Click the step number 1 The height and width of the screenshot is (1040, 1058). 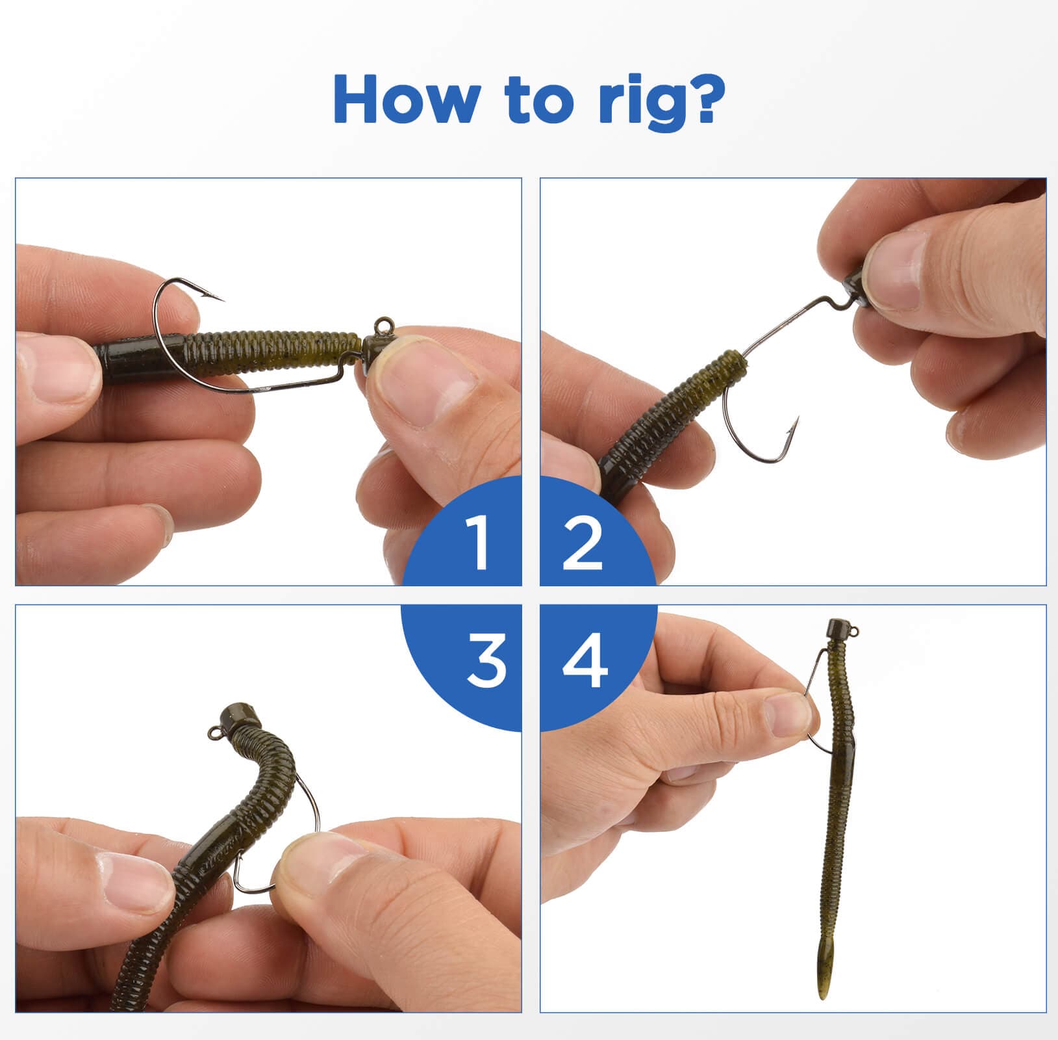[479, 542]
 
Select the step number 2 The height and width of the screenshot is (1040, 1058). [583, 542]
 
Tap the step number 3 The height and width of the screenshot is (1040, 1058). [486, 662]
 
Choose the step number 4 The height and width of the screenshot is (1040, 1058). [585, 662]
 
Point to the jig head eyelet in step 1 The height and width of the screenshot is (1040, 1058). [380, 323]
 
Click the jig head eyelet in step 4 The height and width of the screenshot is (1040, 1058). [854, 629]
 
